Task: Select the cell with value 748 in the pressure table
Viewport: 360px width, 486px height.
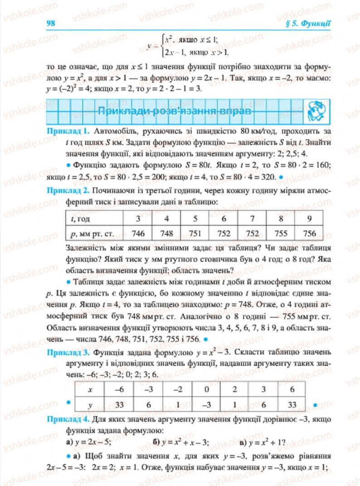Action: (167, 234)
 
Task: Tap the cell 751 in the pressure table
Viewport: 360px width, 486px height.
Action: (195, 234)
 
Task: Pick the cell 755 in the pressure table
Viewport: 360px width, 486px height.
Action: (281, 234)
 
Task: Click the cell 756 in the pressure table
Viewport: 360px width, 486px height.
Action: (309, 234)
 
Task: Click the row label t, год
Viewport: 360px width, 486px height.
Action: (81, 219)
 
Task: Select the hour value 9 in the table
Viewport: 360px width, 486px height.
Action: (309, 219)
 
